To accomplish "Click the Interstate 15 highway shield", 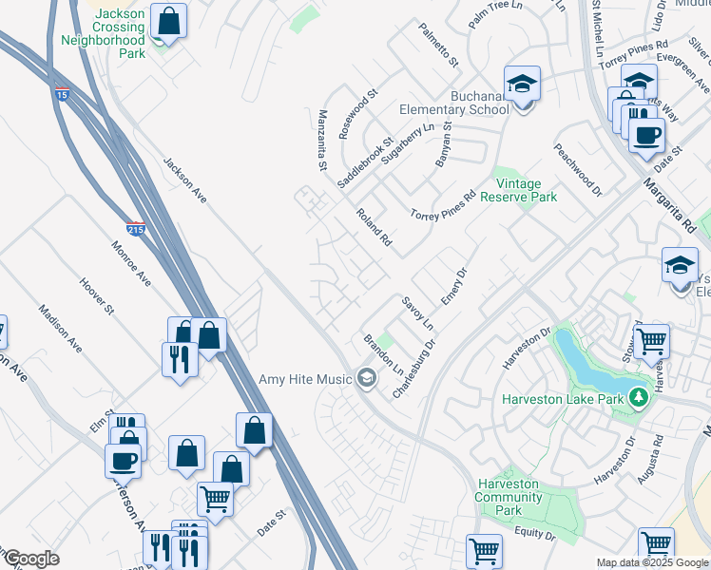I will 62,95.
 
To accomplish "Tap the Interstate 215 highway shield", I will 135,229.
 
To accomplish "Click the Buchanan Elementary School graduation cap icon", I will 521,85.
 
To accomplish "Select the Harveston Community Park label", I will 509,497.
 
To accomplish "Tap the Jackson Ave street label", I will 184,180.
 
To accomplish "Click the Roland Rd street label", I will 374,228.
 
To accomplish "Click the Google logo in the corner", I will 30,559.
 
